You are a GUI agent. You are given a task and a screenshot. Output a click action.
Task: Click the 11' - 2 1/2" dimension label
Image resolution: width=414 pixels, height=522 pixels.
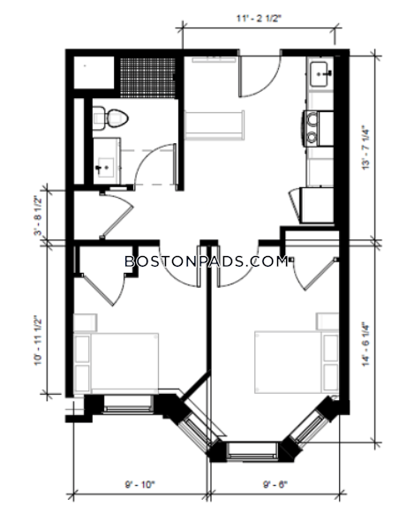tap(259, 19)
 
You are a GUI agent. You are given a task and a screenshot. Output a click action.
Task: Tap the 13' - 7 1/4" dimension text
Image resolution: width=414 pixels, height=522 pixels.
tap(365, 148)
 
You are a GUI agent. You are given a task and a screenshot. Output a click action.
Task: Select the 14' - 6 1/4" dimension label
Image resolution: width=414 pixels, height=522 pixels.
tap(365, 344)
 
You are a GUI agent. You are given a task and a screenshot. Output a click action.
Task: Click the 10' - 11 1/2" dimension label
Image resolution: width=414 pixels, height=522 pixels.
tap(39, 341)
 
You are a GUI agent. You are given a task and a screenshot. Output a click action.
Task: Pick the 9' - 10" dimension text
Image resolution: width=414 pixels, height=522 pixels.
tap(140, 484)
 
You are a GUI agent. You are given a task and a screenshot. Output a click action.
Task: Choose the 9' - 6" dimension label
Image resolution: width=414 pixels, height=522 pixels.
tap(275, 484)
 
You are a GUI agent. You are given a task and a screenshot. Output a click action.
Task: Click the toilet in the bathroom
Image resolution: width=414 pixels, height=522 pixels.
tap(110, 117)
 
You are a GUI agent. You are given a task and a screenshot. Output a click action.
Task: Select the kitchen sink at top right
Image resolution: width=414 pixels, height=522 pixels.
tap(320, 74)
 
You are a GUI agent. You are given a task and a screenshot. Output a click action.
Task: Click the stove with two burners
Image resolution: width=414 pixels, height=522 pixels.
tap(319, 128)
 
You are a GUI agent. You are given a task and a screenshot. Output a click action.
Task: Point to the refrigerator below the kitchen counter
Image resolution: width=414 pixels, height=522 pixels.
tap(316, 205)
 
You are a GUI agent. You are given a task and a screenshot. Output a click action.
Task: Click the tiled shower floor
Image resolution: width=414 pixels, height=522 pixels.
tap(147, 78)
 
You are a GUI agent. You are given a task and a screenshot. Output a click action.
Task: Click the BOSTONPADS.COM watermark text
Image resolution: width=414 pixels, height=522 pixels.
tap(207, 261)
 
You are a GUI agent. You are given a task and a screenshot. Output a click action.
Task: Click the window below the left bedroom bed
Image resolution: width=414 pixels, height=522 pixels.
tap(128, 405)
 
